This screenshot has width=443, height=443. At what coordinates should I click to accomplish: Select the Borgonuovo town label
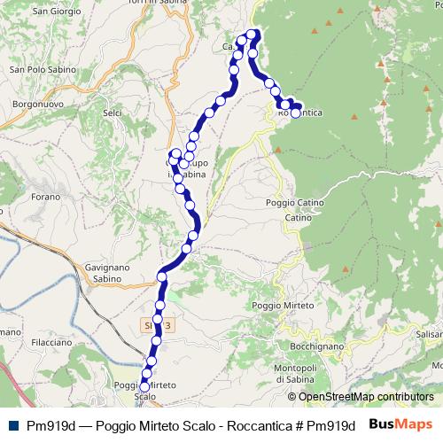pos(36,104)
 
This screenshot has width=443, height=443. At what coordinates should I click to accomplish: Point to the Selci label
pos(113,113)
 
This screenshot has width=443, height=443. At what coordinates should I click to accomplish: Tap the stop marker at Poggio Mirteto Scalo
pos(144,386)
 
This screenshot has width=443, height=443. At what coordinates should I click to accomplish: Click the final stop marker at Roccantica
pos(296,113)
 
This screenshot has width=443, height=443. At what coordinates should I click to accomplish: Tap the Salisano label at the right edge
pos(428,334)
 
